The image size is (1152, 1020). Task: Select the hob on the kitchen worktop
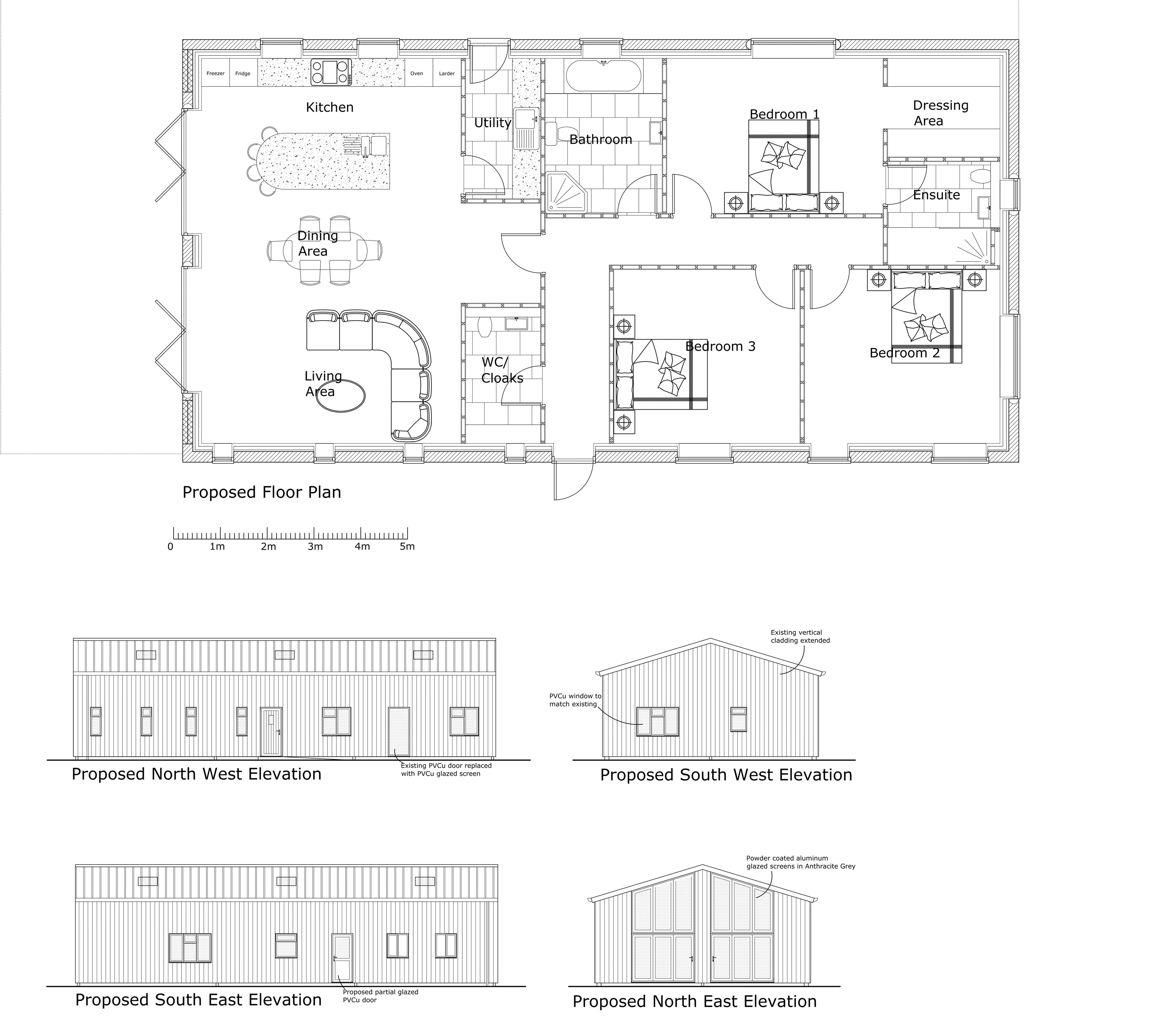331,73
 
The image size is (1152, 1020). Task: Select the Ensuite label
936,195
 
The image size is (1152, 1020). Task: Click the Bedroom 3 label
720,347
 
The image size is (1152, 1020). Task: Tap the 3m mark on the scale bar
315,546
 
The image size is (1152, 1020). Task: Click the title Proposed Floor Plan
261,492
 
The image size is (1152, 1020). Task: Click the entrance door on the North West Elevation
271,731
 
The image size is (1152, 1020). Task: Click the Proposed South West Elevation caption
726,775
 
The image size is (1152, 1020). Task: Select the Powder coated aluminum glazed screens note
800,862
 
